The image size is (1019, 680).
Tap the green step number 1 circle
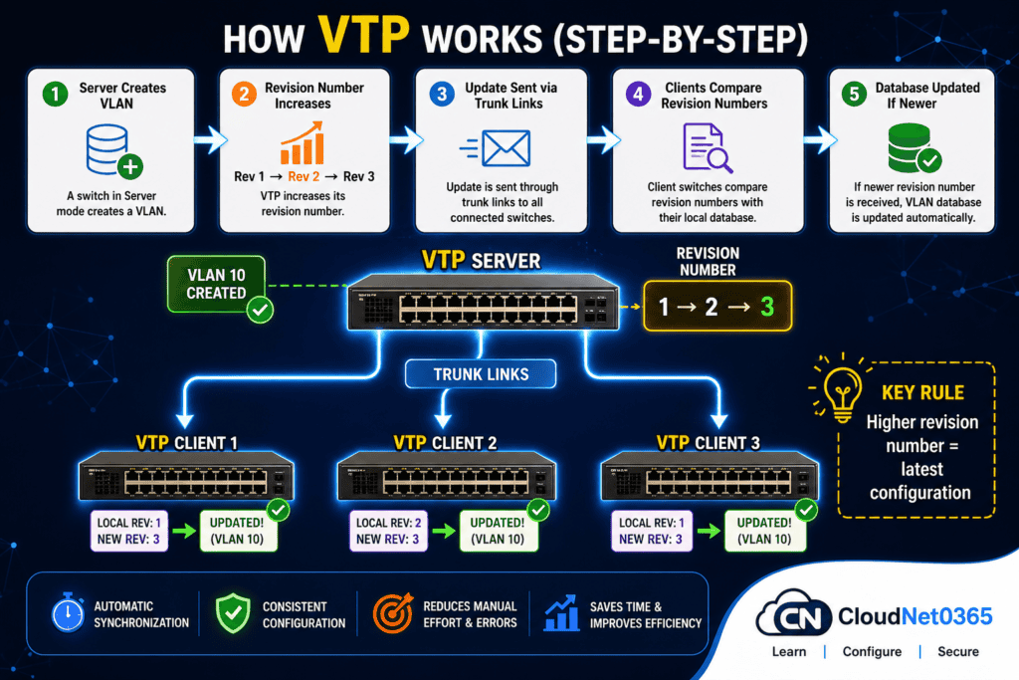[x=53, y=96]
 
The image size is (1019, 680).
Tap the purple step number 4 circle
[x=635, y=96]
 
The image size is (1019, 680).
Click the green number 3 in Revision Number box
[x=764, y=307]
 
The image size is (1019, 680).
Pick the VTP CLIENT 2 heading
[x=445, y=442]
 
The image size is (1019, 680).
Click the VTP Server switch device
[x=483, y=301]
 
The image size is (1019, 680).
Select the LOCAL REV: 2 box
[x=389, y=531]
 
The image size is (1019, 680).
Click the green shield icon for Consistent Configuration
[x=231, y=613]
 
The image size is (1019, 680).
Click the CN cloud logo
[x=793, y=617]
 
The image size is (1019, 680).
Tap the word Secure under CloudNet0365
[x=957, y=652]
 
